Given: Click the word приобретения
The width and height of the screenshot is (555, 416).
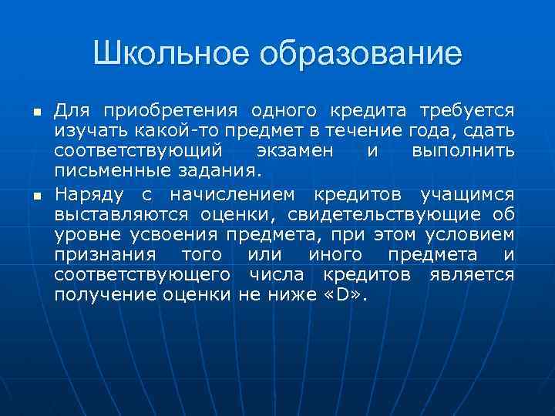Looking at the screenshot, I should (x=168, y=111).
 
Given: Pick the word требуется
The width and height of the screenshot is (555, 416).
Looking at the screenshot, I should (x=466, y=111).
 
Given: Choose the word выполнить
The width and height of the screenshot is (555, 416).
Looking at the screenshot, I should (x=462, y=152).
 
